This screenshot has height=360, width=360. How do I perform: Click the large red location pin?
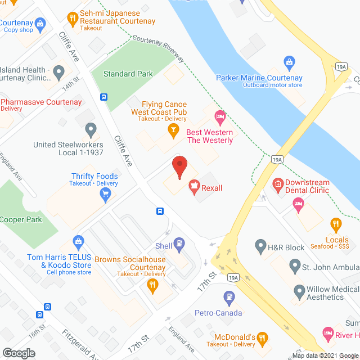click(x=179, y=167)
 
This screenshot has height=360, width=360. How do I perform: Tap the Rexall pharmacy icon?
click(x=194, y=186)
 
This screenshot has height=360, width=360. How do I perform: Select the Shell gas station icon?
click(x=179, y=244)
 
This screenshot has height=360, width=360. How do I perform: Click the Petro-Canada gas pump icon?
click(x=229, y=296)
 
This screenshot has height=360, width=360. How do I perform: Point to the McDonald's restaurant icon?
click(x=262, y=338)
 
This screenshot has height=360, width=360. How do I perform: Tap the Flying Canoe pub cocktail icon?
click(x=174, y=130)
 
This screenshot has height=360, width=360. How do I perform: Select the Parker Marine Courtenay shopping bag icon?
click(x=289, y=61)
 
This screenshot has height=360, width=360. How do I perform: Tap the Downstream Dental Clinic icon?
click(x=277, y=183)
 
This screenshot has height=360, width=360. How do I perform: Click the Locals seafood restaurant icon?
click(x=336, y=224)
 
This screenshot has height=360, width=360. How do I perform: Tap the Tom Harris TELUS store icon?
click(x=79, y=242)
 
